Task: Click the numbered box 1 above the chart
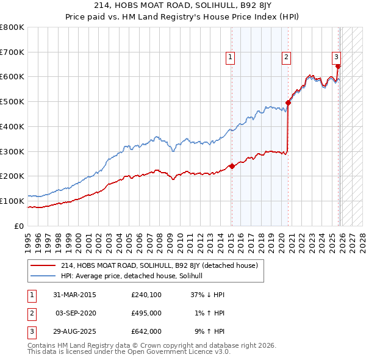[231, 57]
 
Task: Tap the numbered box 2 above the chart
[286, 57]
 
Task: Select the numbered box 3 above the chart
[336, 57]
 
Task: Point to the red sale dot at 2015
[232, 166]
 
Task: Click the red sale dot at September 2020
[288, 103]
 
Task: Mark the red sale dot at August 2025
[339, 67]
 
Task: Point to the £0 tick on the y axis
[18, 226]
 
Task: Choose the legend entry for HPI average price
[135, 276]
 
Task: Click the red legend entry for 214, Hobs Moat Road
[160, 265]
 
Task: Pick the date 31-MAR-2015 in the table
[75, 295]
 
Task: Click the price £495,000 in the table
[146, 313]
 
